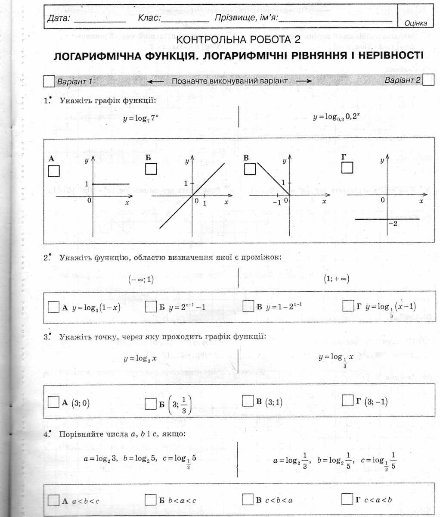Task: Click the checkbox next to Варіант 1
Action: (x=50, y=81)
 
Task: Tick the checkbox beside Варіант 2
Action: (x=428, y=81)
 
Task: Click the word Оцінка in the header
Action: (x=415, y=24)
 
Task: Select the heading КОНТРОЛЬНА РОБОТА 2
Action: (x=239, y=40)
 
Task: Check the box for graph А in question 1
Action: (x=54, y=171)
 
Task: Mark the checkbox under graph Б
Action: (x=151, y=169)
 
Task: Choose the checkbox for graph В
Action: (x=250, y=169)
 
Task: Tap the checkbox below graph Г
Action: (x=347, y=168)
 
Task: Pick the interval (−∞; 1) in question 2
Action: (x=141, y=279)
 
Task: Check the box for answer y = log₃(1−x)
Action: (x=53, y=307)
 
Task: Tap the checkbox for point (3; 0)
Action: (x=53, y=402)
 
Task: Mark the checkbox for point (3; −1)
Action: (x=348, y=401)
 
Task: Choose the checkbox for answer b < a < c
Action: (x=150, y=500)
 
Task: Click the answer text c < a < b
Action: (x=378, y=500)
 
